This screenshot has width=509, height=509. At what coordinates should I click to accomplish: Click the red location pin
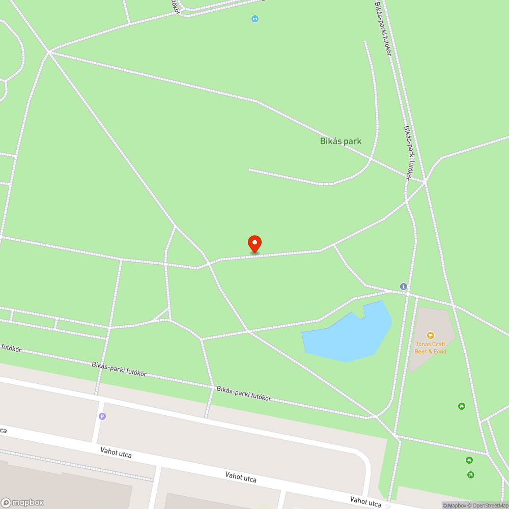[x=254, y=243]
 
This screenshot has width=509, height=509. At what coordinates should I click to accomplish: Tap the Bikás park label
[x=341, y=141]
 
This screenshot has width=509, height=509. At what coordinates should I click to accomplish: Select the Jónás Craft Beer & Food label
[x=430, y=348]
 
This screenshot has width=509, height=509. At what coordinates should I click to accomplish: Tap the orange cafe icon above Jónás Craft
[x=430, y=335]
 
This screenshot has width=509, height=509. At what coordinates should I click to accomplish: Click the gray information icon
[x=404, y=287]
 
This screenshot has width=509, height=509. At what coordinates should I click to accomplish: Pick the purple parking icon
[x=102, y=416]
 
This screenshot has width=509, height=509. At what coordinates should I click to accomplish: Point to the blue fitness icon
[x=255, y=19]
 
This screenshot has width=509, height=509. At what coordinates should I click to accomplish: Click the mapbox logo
[x=22, y=502]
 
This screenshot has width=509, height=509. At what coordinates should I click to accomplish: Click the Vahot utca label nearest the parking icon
[x=116, y=452]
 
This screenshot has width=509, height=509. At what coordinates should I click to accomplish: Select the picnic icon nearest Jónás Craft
[x=461, y=406]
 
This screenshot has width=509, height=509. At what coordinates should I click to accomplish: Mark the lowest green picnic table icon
[x=471, y=475]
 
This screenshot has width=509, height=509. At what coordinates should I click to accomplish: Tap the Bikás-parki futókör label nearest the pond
[x=244, y=393]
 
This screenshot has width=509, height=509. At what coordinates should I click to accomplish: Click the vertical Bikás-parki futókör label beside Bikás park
[x=408, y=153]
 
